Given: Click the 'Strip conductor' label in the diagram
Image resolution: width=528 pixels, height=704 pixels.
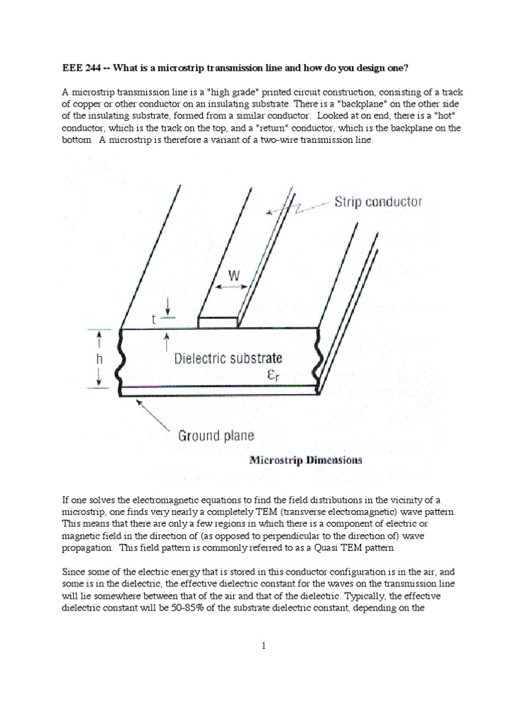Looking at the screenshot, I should (x=378, y=202).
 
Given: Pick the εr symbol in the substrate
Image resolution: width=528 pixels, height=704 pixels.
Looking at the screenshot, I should (x=274, y=375).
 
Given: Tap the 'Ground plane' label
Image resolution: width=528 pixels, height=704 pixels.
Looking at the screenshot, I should (x=216, y=435).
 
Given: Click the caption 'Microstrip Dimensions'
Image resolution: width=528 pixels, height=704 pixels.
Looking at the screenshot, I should (x=305, y=460).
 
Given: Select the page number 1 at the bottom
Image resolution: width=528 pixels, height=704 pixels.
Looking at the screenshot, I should (x=263, y=645).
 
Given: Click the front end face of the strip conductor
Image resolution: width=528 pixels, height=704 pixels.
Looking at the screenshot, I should (x=219, y=322).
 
